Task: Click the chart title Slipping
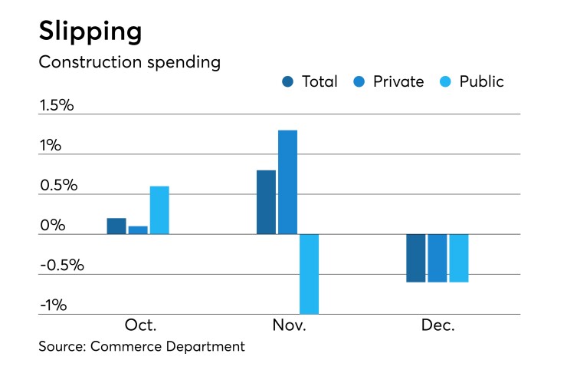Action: (90, 31)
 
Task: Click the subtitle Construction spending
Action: (129, 62)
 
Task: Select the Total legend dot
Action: (288, 81)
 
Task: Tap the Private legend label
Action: (398, 81)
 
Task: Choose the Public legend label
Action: (481, 81)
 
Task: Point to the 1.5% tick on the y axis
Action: (57, 105)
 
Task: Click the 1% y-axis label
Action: (51, 145)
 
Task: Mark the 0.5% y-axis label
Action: (57, 185)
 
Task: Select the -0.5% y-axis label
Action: (62, 266)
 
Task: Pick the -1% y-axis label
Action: (54, 306)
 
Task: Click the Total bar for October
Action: (116, 226)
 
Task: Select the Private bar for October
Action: (138, 230)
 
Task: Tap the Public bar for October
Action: (159, 210)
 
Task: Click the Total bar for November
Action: (266, 202)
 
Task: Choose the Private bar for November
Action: (287, 182)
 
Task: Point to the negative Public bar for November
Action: (309, 273)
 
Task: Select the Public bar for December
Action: (458, 258)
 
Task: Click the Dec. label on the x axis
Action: (438, 325)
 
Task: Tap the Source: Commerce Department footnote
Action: (142, 346)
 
